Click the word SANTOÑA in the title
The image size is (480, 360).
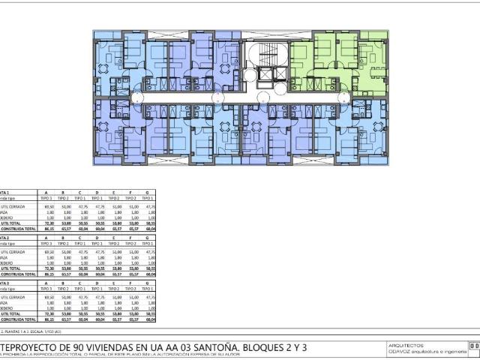coord(222,346)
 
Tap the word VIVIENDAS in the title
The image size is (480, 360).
coord(109,346)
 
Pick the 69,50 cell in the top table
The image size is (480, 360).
coord(50,205)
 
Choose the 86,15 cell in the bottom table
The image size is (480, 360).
coord(50,319)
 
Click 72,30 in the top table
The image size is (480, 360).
coord(50,222)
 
